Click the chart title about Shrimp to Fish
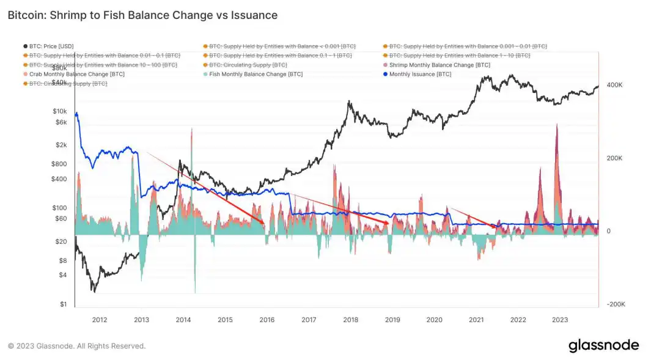click(x=142, y=15)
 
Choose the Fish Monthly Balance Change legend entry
click(x=256, y=74)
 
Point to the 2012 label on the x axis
click(x=99, y=320)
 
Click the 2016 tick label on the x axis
click(x=267, y=320)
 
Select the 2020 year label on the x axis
click(x=434, y=320)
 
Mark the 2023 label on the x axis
click(x=560, y=320)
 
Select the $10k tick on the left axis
click(x=59, y=111)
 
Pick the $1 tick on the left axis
click(x=63, y=304)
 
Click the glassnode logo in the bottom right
click(x=603, y=345)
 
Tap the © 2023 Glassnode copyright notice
click(x=77, y=346)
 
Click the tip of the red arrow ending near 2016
click(x=264, y=224)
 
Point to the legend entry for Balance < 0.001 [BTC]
click(x=282, y=46)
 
